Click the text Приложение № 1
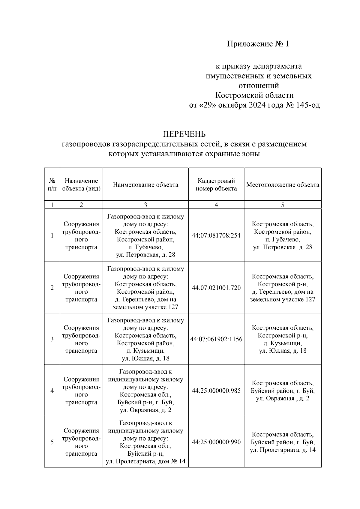pyautogui.click(x=258, y=44)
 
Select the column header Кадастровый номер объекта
pyautogui.click(x=216, y=184)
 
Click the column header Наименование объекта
pyautogui.click(x=145, y=185)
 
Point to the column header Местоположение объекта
pyautogui.click(x=283, y=185)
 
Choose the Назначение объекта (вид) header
pyautogui.click(x=81, y=184)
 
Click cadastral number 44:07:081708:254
pyautogui.click(x=216, y=235)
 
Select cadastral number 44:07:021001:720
pyautogui.click(x=216, y=288)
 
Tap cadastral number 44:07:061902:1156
pyautogui.click(x=216, y=339)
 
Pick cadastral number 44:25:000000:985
pyautogui.click(x=216, y=391)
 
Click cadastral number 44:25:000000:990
pyautogui.click(x=216, y=442)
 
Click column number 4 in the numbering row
pyautogui.click(x=216, y=205)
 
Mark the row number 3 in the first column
pyautogui.click(x=52, y=339)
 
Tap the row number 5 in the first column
pyautogui.click(x=52, y=442)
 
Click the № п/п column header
pyautogui.click(x=52, y=184)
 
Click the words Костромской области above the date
pyautogui.click(x=254, y=95)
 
